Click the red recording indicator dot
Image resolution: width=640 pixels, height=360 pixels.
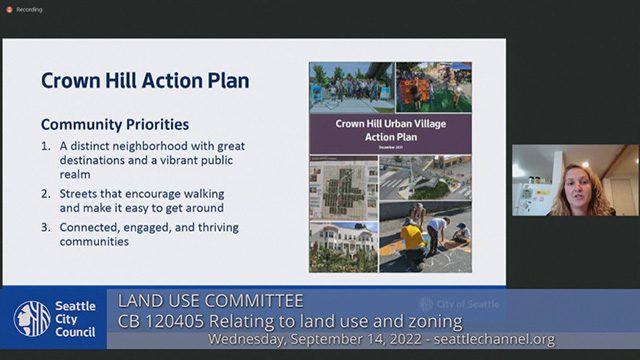click(x=7, y=8)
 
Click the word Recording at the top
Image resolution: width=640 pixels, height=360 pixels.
click(x=29, y=8)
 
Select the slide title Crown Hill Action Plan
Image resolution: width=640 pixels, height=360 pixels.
click(x=145, y=80)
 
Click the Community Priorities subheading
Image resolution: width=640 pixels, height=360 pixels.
click(x=115, y=126)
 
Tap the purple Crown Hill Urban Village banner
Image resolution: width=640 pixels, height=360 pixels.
click(x=390, y=131)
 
